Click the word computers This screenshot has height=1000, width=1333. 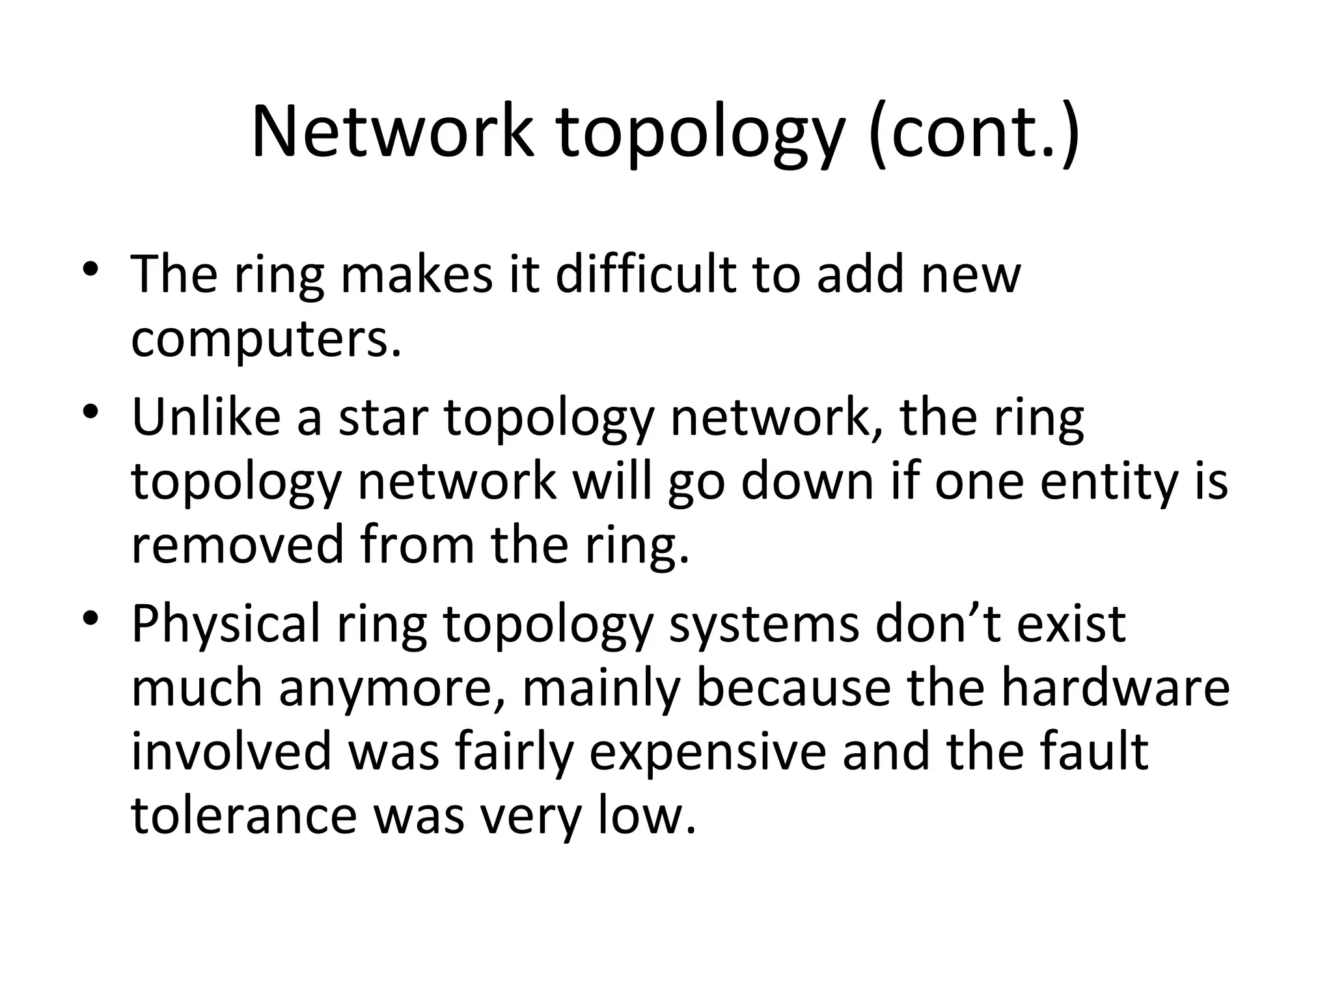(266, 340)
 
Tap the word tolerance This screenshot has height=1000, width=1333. (244, 816)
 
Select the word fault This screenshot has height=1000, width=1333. (1093, 751)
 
